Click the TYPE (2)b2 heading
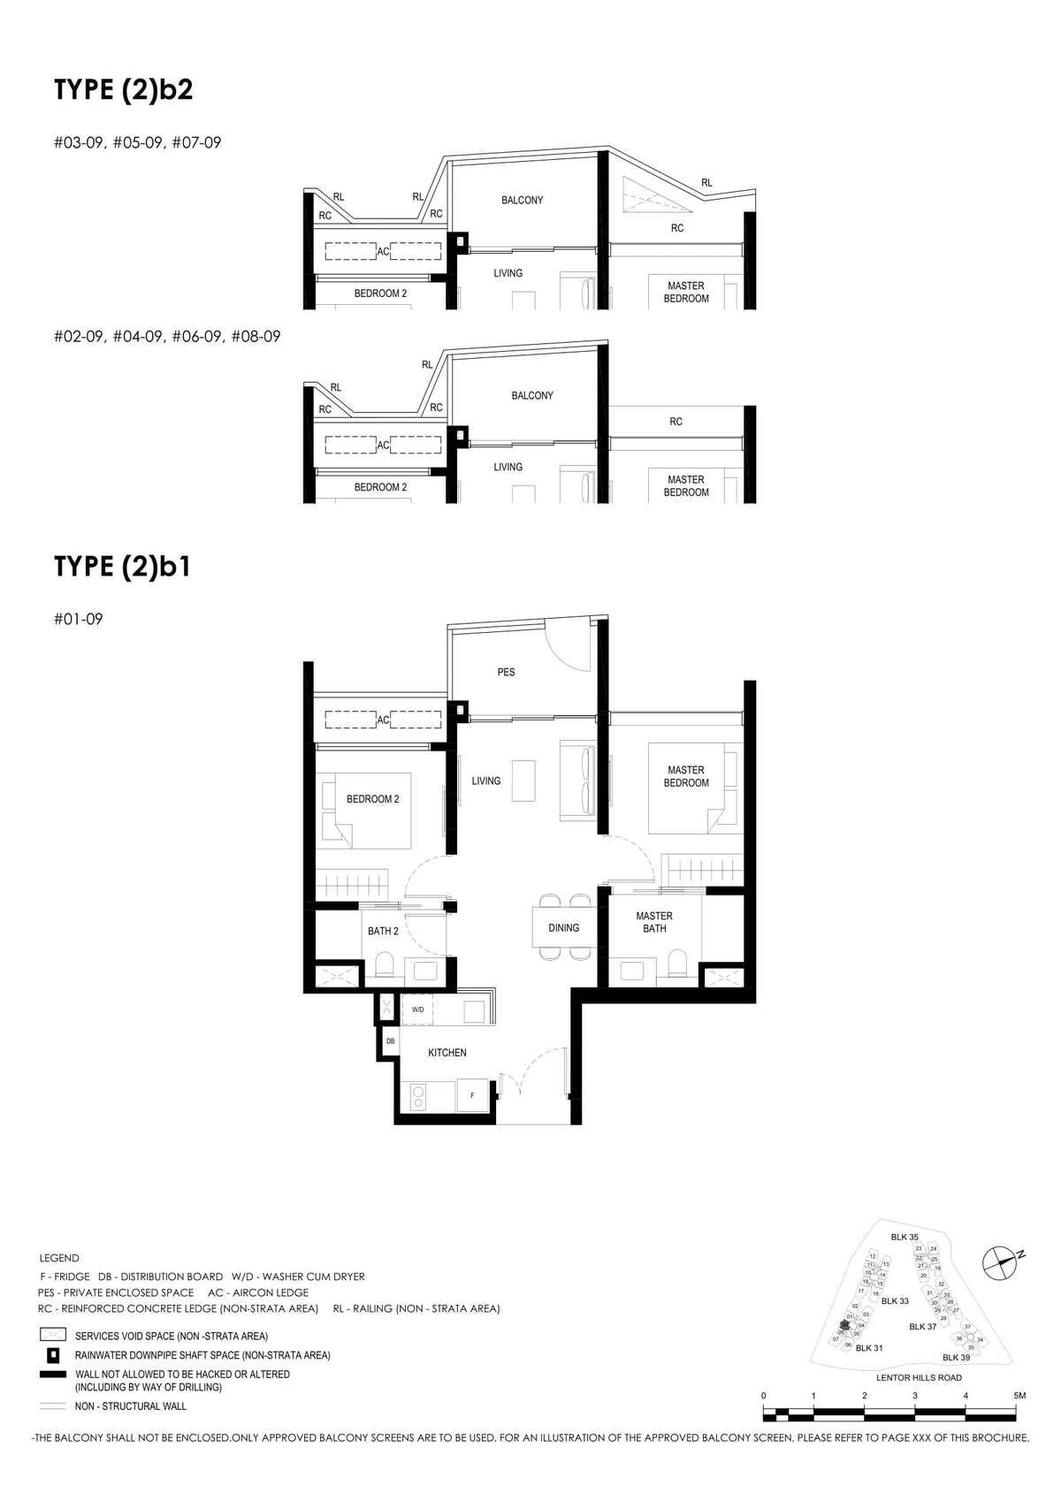pos(123,90)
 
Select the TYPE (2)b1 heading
pos(122,566)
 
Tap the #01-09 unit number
pos(78,619)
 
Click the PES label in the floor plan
pos(506,673)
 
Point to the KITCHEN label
pos(447,1053)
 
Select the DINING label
pos(563,928)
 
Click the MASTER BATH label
pos(654,922)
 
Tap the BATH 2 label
pos(383,931)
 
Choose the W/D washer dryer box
pos(417,1010)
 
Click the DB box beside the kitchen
pos(390,1042)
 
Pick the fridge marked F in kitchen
pos(472,1095)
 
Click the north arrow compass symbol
pos(1000,1261)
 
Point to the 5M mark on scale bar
pos(1019,1396)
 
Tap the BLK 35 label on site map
pos(905,1237)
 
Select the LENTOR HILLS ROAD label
pos(919,1377)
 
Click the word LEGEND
pos(59,1258)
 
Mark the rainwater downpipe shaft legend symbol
pos(53,1354)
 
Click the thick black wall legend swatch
pos(53,1375)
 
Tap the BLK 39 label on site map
pos(956,1357)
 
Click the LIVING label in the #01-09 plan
pos(485,781)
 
